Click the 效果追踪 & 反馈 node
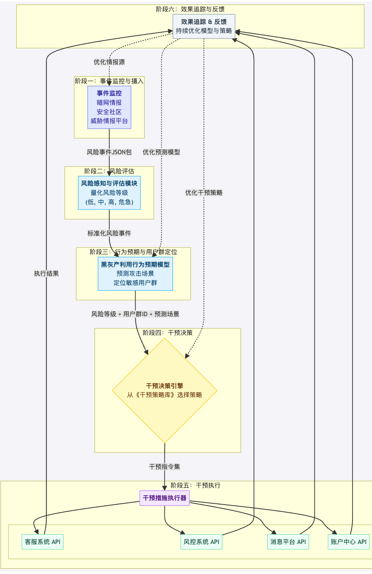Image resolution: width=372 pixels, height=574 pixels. tap(204, 26)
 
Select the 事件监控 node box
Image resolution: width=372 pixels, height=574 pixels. tap(109, 107)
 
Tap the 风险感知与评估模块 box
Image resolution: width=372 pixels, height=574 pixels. tap(109, 193)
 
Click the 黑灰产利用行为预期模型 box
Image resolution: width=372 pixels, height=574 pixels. tap(135, 274)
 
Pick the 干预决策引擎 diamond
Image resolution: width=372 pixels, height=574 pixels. tap(164, 391)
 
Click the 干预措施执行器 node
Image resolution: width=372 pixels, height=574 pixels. tap(164, 498)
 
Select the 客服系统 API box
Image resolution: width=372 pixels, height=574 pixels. tap(43, 542)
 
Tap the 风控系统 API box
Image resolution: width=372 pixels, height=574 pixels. tap(201, 542)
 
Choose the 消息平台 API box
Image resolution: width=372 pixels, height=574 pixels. tap(288, 542)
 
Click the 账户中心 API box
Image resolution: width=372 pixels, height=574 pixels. tap(348, 542)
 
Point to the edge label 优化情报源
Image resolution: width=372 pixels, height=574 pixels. tap(109, 62)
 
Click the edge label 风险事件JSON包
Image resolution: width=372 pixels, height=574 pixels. tap(109, 152)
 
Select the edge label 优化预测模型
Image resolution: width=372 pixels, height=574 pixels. tap(161, 152)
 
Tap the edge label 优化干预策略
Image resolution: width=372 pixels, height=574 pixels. tap(204, 193)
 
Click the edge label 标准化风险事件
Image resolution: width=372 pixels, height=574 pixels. tap(109, 233)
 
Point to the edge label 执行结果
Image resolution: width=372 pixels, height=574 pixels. tap(46, 274)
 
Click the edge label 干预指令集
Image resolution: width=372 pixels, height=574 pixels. tap(164, 467)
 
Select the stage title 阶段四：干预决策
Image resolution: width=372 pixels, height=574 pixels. tap(168, 333)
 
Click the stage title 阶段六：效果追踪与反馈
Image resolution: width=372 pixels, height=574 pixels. tap(190, 9)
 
